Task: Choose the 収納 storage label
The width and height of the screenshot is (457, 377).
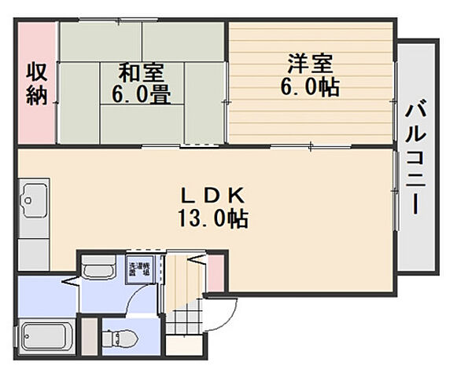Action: (x=36, y=83)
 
